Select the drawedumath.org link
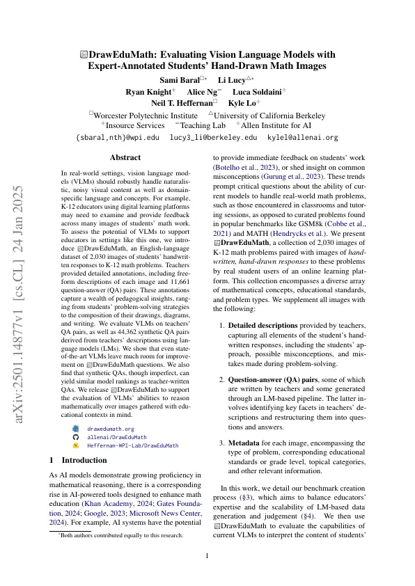[110, 429]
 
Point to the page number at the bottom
[207, 555]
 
